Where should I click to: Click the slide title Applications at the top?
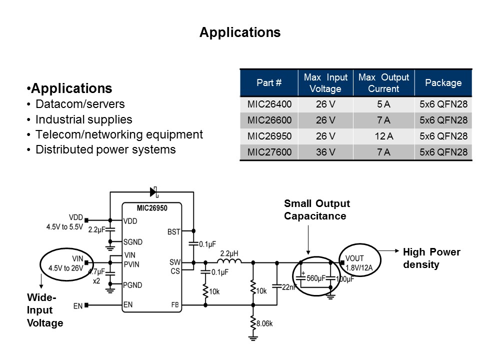(240, 32)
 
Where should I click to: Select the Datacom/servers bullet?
(80, 104)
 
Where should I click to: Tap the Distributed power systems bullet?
(105, 149)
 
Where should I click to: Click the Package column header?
(443, 83)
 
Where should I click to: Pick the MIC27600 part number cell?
(269, 152)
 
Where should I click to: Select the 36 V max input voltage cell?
(325, 152)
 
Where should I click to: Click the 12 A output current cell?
(383, 136)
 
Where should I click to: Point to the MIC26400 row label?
(269, 104)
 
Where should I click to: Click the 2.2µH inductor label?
(229, 254)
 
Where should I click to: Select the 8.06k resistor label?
(264, 324)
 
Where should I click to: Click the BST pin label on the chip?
(174, 231)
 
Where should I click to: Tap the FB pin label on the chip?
(175, 304)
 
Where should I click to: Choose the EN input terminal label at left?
(77, 305)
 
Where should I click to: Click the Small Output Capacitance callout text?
(317, 210)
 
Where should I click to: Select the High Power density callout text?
(431, 258)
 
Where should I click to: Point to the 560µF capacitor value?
(316, 278)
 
